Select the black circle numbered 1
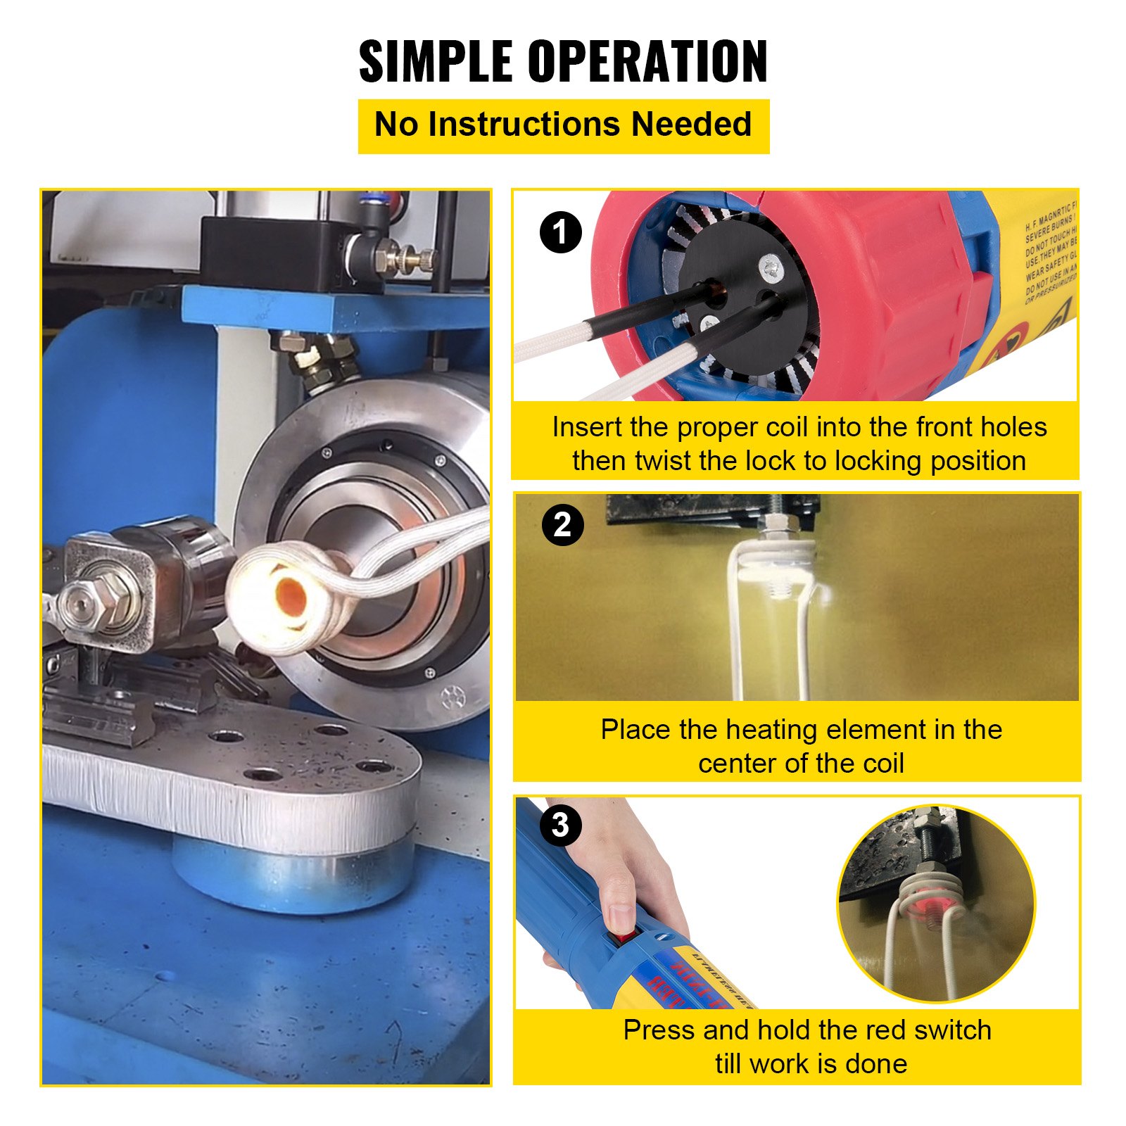(x=561, y=233)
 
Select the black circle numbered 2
(x=562, y=525)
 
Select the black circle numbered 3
(x=560, y=825)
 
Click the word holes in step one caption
(x=1013, y=427)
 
